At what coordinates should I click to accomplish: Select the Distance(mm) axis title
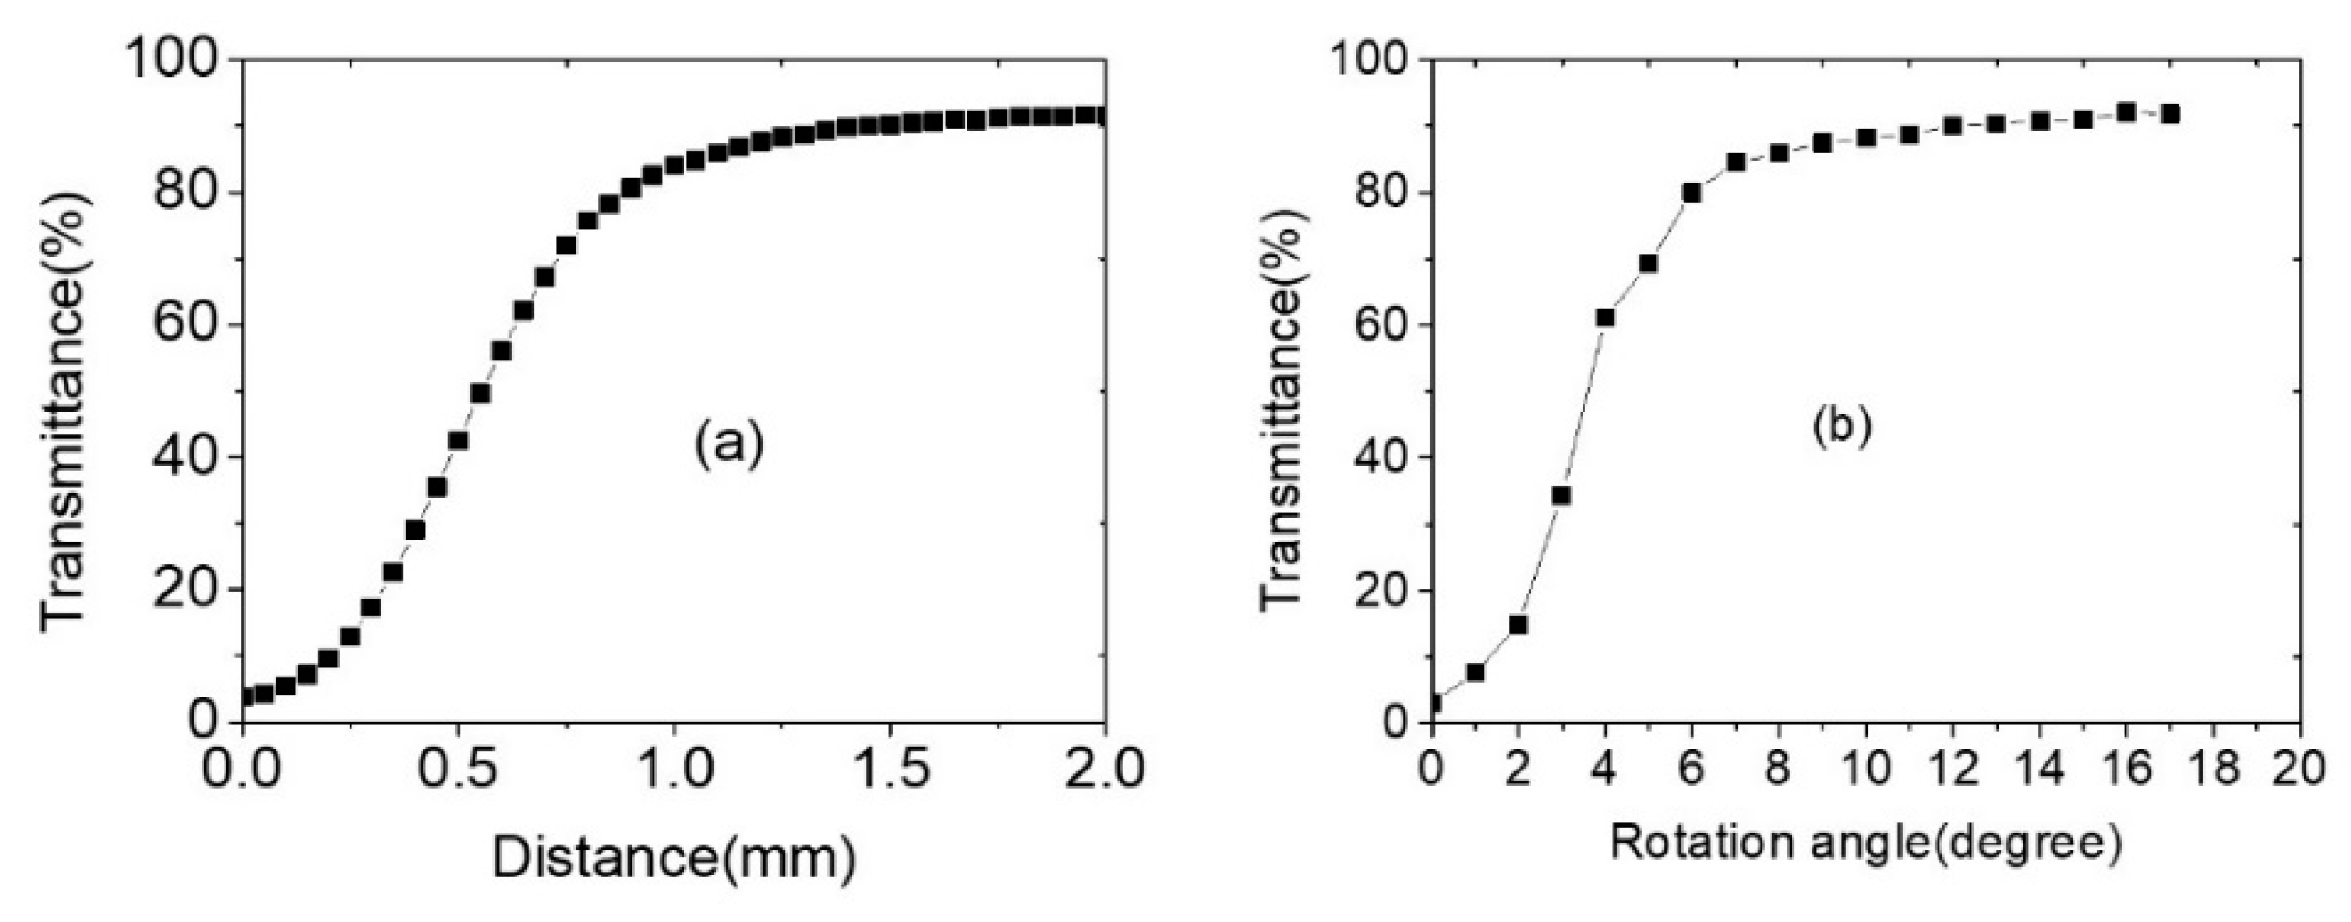674,859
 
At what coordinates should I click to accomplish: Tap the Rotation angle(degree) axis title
1865,843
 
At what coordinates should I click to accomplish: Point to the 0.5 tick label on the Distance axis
456,769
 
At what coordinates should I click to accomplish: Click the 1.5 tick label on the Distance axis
889,769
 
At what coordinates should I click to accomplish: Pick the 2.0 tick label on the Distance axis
1104,769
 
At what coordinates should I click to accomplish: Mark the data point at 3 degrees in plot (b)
1562,496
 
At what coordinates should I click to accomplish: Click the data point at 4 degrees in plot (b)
1605,318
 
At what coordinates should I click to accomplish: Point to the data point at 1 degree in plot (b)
1475,673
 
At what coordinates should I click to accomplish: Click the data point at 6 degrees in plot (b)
1692,193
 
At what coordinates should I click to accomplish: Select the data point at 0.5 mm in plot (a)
458,440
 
